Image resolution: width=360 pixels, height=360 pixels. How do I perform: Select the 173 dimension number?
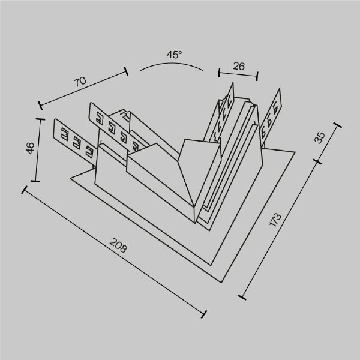pos(275,220)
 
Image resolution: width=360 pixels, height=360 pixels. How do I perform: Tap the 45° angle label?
pos(174,55)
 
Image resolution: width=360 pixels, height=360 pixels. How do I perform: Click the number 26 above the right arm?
pos(238,67)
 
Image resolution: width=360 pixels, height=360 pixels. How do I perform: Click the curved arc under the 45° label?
pos(172,65)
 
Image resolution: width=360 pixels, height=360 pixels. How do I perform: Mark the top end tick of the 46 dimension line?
pos(41,119)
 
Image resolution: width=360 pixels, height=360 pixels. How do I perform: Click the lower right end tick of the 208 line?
pos(205,314)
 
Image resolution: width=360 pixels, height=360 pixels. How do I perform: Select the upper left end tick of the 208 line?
pos(25,190)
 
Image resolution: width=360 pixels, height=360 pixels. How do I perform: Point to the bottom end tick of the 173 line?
pos(242,296)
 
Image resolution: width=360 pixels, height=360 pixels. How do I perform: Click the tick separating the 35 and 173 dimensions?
pos(318,161)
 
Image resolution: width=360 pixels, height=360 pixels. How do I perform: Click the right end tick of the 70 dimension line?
pos(127,71)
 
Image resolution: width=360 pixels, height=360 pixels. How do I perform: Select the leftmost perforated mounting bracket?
pos(74,139)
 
